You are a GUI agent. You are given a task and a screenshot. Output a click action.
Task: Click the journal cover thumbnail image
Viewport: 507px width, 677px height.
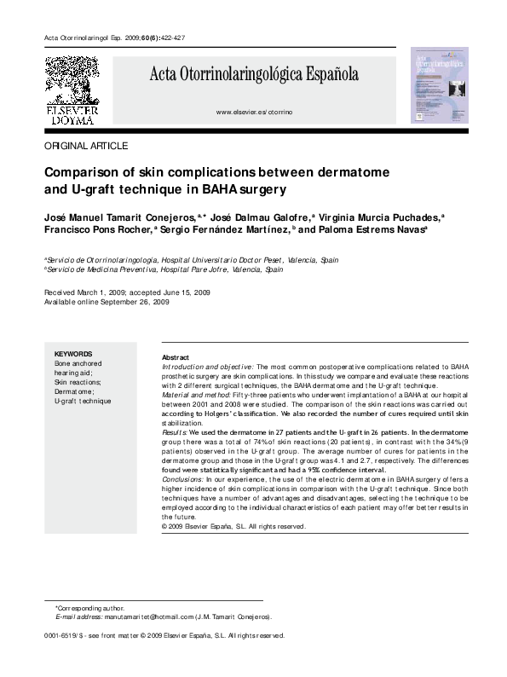tap(439, 84)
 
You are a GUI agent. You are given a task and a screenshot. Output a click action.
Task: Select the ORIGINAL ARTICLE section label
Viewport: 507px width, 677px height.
tap(85, 147)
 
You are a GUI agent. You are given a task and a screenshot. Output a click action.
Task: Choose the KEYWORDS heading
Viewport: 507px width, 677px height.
tap(73, 354)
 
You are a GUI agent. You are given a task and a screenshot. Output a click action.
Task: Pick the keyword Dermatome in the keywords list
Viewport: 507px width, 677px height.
tap(74, 391)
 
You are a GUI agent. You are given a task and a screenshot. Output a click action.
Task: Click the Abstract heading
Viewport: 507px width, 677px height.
tap(175, 357)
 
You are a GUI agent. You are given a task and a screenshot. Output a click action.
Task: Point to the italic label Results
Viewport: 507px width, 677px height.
tap(174, 433)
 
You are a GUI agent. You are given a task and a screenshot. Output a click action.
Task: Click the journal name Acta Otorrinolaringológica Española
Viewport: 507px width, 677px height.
tap(254, 74)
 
